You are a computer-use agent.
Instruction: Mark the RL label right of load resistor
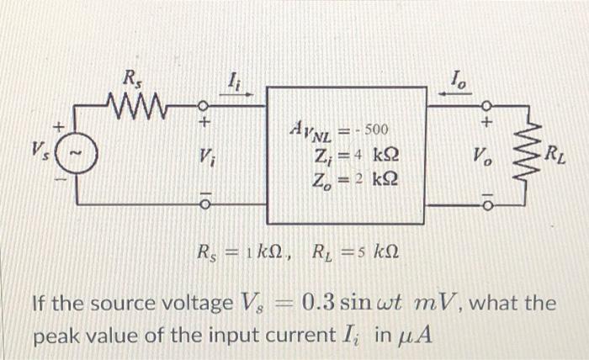tap(557, 154)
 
